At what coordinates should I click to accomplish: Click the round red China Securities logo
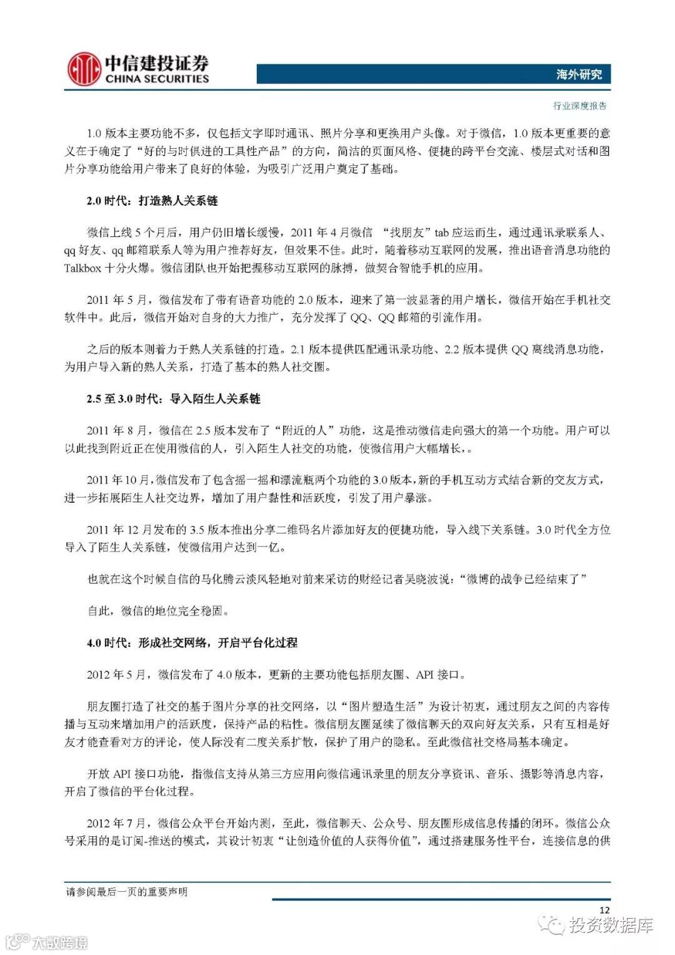point(84,69)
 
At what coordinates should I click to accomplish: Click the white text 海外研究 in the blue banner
point(579,74)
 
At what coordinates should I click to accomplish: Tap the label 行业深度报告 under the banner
point(580,106)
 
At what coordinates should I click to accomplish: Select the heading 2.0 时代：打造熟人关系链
point(152,201)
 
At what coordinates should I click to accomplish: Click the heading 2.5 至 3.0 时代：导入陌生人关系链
point(173,398)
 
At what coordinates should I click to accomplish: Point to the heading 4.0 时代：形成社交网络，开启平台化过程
point(192,642)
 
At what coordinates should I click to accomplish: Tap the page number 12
point(604,910)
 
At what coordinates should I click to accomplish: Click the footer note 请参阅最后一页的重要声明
point(126,891)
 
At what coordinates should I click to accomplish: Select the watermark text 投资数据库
point(611,926)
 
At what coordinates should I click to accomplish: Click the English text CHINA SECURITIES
point(157,79)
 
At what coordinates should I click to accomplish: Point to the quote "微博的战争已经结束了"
point(526,579)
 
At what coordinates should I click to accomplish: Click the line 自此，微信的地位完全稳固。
point(158,610)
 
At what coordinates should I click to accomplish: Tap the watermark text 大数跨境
point(61,942)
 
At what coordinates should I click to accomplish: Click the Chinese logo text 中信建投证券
point(156,63)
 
